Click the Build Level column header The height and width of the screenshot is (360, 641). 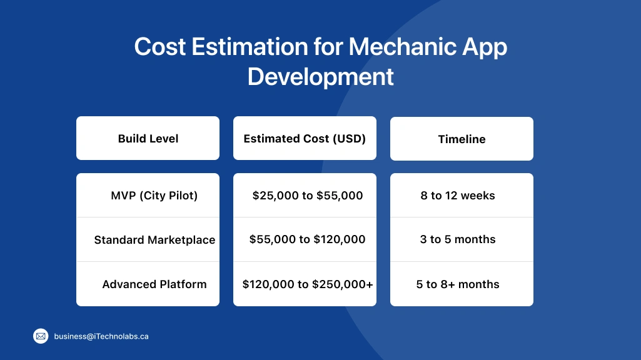148,139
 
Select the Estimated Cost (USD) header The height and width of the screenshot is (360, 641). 305,139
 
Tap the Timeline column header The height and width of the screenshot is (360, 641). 462,139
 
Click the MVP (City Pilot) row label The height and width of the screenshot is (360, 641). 154,196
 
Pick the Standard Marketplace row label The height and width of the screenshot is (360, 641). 154,240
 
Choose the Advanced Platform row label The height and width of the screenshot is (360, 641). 154,284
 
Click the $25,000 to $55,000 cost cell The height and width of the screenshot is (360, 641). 308,196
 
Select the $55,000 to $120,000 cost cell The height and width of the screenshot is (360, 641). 307,239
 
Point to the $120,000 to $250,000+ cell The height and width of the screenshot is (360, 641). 308,284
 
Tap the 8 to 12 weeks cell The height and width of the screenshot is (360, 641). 458,196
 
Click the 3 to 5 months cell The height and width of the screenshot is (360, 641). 458,239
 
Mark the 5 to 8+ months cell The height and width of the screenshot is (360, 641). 458,284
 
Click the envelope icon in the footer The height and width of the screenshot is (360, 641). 41,336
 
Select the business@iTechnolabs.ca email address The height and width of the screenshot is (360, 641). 101,336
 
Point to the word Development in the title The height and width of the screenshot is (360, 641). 320,77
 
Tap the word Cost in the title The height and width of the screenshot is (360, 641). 159,47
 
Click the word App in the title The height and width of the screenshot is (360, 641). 483,47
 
